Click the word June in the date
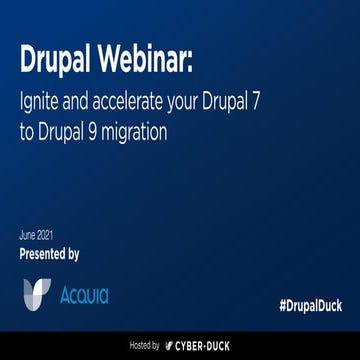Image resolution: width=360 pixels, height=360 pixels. (x=27, y=235)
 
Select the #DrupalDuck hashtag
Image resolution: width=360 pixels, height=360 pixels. (x=309, y=303)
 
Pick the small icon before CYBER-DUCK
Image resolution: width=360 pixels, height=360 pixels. (x=169, y=344)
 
